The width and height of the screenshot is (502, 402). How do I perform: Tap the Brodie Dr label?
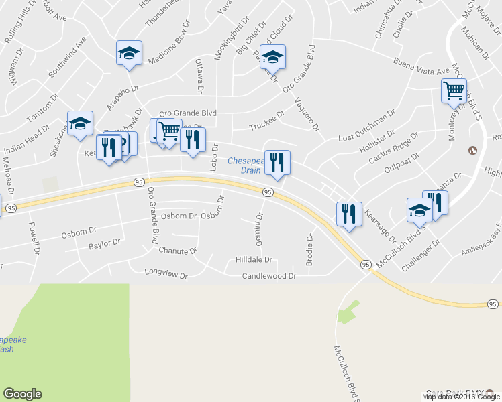(x=310, y=249)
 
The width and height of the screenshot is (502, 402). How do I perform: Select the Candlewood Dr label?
(x=269, y=276)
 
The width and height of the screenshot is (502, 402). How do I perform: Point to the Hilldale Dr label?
(x=254, y=259)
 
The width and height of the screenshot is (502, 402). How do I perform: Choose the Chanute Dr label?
(x=178, y=251)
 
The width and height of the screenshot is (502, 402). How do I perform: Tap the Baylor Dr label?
(x=104, y=245)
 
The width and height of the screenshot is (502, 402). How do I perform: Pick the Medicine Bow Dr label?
(x=170, y=48)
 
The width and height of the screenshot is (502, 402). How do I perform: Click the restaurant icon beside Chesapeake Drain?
(x=277, y=162)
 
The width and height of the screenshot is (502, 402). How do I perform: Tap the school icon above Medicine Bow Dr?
(x=129, y=53)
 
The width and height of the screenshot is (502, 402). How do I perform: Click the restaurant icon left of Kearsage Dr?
(x=349, y=214)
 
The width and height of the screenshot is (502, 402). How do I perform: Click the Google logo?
(x=22, y=394)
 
